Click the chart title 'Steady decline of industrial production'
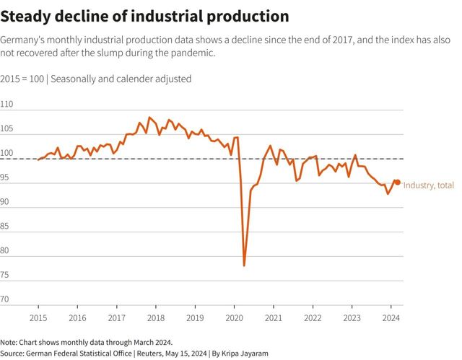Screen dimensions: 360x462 tap(145, 16)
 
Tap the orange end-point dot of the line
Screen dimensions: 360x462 tap(397, 183)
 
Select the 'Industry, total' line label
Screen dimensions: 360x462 tap(429, 185)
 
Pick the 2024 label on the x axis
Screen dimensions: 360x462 tap(391, 317)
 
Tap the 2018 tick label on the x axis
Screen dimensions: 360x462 tap(156, 317)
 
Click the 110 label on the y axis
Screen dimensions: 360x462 tap(7, 105)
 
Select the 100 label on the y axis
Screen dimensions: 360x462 tap(7, 154)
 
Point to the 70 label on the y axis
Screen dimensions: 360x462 tap(6, 299)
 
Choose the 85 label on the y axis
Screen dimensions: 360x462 tap(6, 227)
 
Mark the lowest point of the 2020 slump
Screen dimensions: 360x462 tap(244, 265)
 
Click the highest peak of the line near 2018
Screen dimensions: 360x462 tap(149, 117)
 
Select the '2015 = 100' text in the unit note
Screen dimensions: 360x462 tap(21, 79)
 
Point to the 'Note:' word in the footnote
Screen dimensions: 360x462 tap(9, 342)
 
